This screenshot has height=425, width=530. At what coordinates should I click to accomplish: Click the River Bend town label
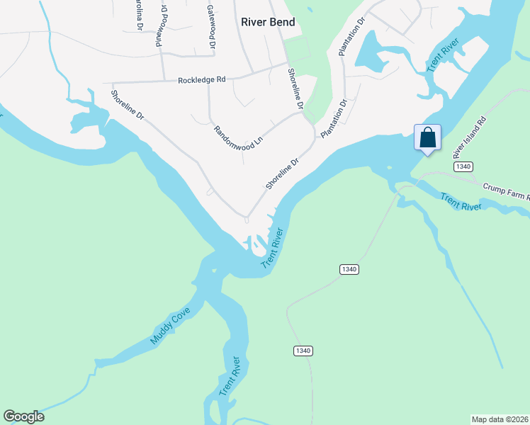[268, 22]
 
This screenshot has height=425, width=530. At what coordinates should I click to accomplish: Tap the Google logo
[23, 416]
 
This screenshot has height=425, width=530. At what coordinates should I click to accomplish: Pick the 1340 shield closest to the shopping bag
[461, 166]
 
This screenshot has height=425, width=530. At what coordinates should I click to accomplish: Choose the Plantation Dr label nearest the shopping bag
[334, 119]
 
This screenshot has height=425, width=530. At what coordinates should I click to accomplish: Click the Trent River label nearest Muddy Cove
[231, 378]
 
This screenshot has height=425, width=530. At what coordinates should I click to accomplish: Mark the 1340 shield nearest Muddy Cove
[303, 351]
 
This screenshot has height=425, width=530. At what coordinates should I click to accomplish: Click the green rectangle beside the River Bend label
[298, 48]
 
